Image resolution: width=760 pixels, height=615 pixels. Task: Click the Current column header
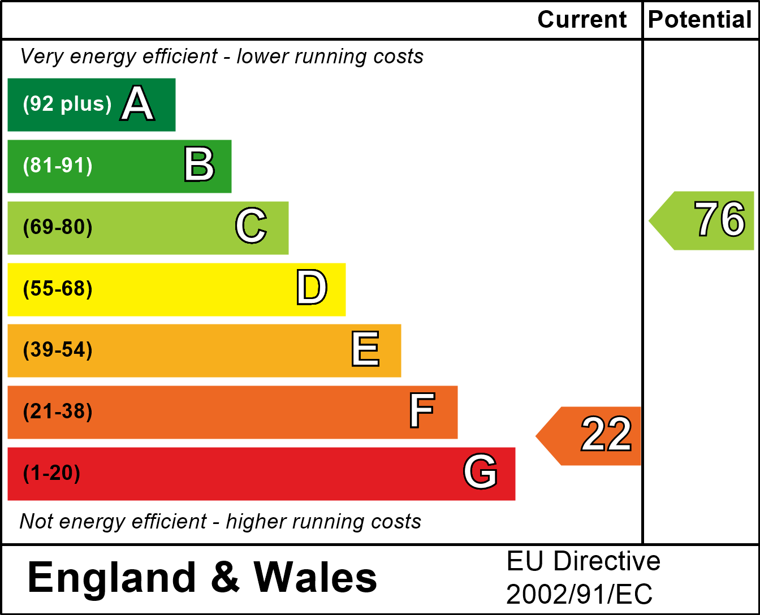[x=582, y=20]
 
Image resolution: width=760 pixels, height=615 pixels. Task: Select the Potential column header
[x=700, y=20]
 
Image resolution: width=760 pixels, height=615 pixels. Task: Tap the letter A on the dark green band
[x=137, y=104]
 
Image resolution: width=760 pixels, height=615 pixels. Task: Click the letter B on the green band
[x=199, y=165]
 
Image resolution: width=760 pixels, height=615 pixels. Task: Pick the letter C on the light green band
[x=251, y=226]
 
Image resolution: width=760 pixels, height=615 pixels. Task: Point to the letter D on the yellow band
[x=312, y=288]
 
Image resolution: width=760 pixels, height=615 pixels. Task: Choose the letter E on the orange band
[x=365, y=349]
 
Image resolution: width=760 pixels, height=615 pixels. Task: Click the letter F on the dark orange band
[x=422, y=411]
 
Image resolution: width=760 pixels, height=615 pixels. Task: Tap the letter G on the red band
[x=480, y=472]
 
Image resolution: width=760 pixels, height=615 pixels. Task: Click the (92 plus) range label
[x=67, y=104]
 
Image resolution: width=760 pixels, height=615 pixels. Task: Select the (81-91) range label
[x=58, y=166]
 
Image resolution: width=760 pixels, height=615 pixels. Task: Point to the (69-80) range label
[x=58, y=227]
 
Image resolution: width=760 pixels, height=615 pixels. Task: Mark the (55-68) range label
[x=58, y=289]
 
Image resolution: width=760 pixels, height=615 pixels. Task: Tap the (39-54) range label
[x=58, y=350]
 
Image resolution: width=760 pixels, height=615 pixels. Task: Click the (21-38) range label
[x=58, y=412]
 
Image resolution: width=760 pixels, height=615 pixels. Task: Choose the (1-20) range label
[x=51, y=473]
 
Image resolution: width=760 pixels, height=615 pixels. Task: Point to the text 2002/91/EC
[x=579, y=595]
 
